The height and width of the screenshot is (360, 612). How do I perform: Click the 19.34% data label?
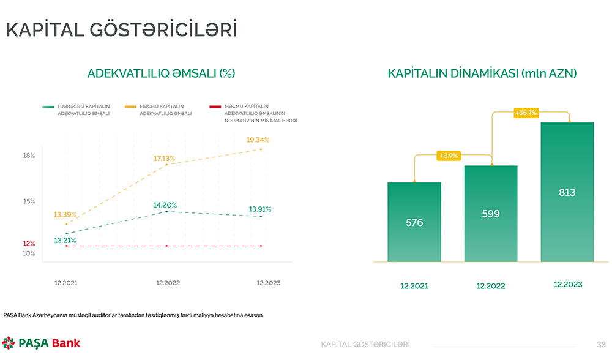pyautogui.click(x=258, y=140)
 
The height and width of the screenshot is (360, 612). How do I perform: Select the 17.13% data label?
pyautogui.click(x=164, y=159)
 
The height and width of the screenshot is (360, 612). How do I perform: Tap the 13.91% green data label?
pyautogui.click(x=260, y=209)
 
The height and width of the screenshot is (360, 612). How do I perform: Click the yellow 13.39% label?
pyautogui.click(x=65, y=214)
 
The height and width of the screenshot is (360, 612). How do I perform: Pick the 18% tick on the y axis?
pyautogui.click(x=29, y=156)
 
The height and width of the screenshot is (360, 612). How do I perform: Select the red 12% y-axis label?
pyautogui.click(x=29, y=244)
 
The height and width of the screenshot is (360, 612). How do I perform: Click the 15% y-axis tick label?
pyautogui.click(x=29, y=201)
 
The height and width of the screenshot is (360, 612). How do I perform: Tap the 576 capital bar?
pyautogui.click(x=414, y=222)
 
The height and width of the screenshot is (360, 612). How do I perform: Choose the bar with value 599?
pyautogui.click(x=491, y=214)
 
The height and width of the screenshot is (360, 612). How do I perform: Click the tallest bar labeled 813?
pyautogui.click(x=567, y=192)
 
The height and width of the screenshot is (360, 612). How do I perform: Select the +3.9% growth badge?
pyautogui.click(x=449, y=156)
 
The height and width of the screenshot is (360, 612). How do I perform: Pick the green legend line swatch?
pyautogui.click(x=48, y=107)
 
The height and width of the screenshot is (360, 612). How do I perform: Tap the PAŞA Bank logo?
pyautogui.click(x=41, y=343)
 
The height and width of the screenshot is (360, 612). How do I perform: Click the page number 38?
pyautogui.click(x=601, y=344)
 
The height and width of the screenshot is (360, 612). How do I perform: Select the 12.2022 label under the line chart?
pyautogui.click(x=168, y=283)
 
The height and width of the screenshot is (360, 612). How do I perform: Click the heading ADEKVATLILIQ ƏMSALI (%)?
pyautogui.click(x=162, y=73)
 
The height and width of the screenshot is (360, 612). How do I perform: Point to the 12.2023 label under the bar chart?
pyautogui.click(x=567, y=285)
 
